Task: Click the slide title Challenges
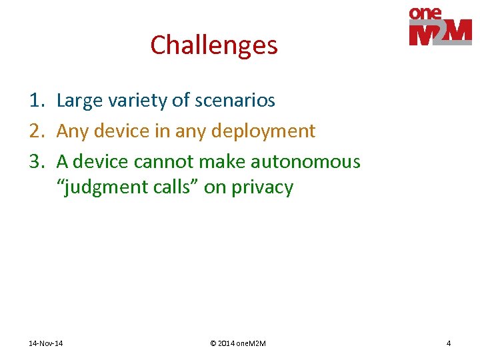tap(213, 45)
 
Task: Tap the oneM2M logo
tap(440, 27)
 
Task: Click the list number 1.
tap(36, 101)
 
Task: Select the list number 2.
tap(36, 131)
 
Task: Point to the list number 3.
tap(36, 162)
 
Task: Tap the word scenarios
tap(235, 101)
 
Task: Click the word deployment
tap(263, 131)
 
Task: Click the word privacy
tap(262, 188)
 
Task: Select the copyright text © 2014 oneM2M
tap(237, 343)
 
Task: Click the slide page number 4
tap(449, 343)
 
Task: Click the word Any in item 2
tap(72, 131)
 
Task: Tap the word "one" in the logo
tap(425, 13)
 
